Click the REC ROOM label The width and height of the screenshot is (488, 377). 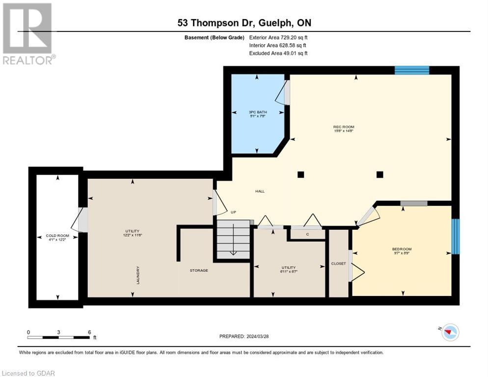(x=344, y=127)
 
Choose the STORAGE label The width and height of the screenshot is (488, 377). (x=199, y=270)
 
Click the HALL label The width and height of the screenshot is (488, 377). (x=260, y=191)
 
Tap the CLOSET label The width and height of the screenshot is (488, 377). (x=338, y=264)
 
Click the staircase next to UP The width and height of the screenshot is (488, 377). (x=234, y=239)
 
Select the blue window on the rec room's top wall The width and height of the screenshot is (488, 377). (x=412, y=70)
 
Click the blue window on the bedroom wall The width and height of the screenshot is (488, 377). (x=455, y=237)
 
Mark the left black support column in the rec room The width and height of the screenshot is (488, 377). (x=300, y=174)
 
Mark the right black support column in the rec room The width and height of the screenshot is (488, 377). (x=380, y=174)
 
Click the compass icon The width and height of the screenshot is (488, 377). (x=449, y=332)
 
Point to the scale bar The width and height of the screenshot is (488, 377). (x=58, y=337)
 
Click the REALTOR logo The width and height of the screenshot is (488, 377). (x=28, y=33)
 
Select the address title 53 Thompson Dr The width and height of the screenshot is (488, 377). (x=244, y=23)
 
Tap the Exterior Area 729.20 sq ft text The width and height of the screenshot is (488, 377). (x=278, y=37)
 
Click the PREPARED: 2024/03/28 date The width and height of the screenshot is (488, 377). (x=244, y=336)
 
